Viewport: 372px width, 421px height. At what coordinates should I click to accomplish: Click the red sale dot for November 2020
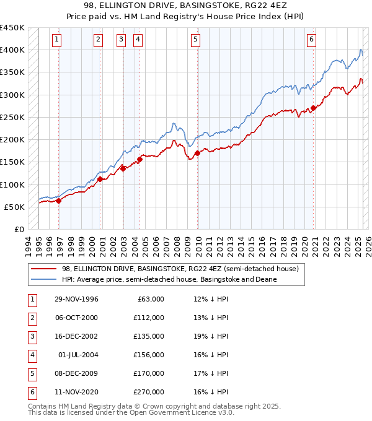314,108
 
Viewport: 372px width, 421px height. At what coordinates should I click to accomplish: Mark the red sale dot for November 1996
59,201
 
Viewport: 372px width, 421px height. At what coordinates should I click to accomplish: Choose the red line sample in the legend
44,269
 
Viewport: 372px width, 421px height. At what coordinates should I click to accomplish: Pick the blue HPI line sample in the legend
44,279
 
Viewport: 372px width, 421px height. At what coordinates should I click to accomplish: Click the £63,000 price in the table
151,299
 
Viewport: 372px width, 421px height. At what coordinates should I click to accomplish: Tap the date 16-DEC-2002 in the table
76,336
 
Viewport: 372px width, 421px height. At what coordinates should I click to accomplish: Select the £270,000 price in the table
149,392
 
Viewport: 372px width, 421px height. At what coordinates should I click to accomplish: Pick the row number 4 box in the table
32,355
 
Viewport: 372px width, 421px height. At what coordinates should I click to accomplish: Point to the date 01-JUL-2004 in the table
78,355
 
